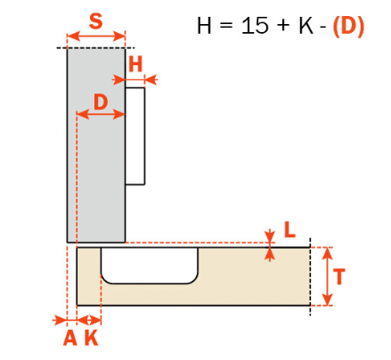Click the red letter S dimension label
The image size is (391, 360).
[x=95, y=21]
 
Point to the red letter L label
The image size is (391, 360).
[x=289, y=230]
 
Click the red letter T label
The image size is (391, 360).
[x=339, y=276]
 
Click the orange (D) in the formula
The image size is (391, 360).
[x=348, y=26]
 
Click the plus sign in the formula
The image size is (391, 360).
[x=283, y=27]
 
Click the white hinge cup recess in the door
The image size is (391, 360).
[x=150, y=266]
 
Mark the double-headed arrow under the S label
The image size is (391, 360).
[x=95, y=37]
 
